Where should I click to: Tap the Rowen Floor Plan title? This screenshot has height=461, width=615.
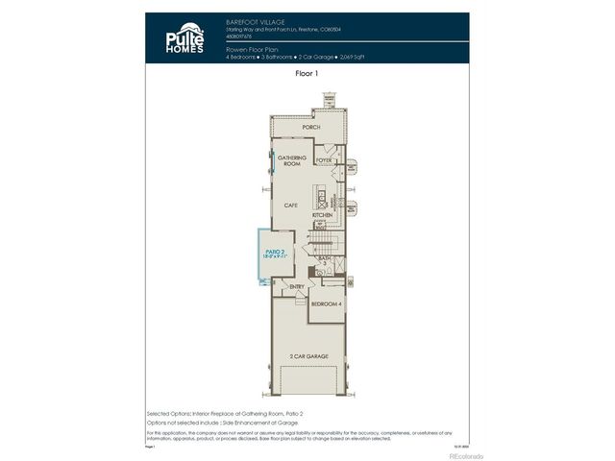click(253, 49)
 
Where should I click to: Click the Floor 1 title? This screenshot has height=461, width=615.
click(307, 72)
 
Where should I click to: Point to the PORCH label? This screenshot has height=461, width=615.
click(310, 127)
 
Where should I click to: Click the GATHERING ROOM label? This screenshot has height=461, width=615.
click(291, 160)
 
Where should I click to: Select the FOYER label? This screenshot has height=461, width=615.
click(324, 160)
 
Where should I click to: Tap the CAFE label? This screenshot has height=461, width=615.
click(290, 205)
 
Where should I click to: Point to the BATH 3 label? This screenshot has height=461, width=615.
click(324, 259)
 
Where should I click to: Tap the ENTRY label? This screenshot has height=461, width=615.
click(296, 286)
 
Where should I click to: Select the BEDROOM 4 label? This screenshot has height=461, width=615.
click(326, 303)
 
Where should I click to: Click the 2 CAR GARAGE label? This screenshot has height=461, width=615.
click(308, 356)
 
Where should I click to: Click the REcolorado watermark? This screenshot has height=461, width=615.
click(467, 455)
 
